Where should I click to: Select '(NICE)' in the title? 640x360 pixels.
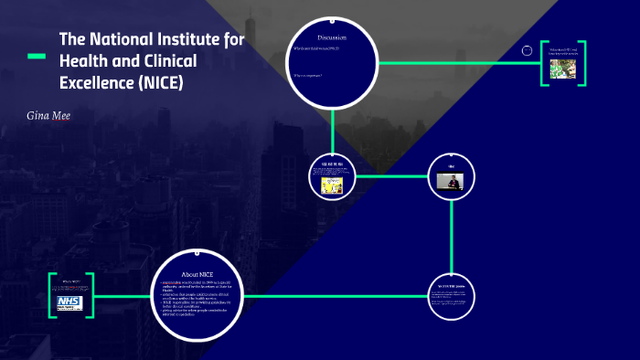click(161, 83)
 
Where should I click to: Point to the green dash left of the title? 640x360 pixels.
click(37, 58)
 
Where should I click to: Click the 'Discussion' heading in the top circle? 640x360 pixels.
click(332, 36)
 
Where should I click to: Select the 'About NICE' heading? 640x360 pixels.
click(198, 274)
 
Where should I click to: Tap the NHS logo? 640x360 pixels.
click(70, 301)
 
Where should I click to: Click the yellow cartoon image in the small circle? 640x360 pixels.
click(331, 183)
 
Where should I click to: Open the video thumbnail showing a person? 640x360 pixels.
click(451, 182)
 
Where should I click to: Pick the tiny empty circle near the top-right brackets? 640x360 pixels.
click(528, 50)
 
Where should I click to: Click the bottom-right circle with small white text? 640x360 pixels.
click(452, 294)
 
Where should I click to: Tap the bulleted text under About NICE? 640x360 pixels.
click(199, 302)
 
